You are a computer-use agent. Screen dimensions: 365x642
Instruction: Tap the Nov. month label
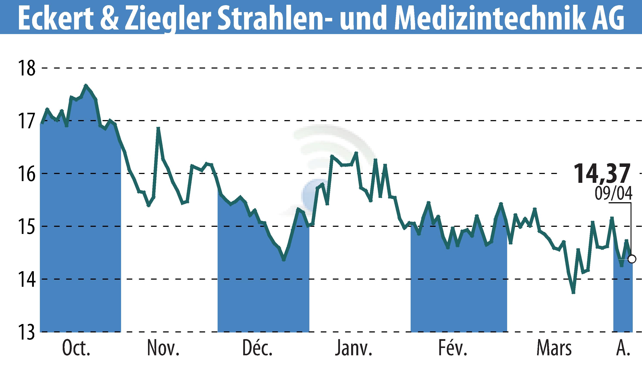(x=163, y=349)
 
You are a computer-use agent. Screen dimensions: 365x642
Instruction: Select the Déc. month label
(x=257, y=349)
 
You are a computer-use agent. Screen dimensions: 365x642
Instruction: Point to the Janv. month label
(x=354, y=349)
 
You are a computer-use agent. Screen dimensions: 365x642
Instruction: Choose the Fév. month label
(x=453, y=349)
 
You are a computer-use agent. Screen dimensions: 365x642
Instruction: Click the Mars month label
(x=554, y=349)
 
